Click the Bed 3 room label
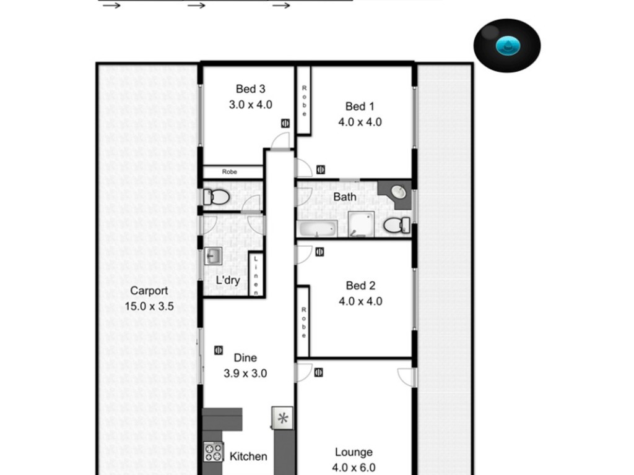(x=250, y=89)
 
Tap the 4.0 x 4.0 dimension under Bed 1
(x=360, y=122)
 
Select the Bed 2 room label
(x=360, y=286)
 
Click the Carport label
(x=149, y=291)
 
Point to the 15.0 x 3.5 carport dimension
(x=149, y=306)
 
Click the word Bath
(x=344, y=197)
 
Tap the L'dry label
(x=228, y=280)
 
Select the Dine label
(x=245, y=358)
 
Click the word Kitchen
(x=248, y=456)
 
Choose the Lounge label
(x=354, y=452)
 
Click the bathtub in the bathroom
(x=318, y=229)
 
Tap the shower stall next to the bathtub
(x=361, y=224)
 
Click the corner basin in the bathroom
(x=398, y=192)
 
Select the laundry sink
(x=213, y=255)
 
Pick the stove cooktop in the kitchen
(x=214, y=452)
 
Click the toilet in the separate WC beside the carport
(x=216, y=197)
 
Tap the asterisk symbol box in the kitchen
(x=282, y=417)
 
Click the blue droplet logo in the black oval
(x=508, y=45)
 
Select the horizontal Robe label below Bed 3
(x=229, y=172)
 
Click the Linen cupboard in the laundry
(x=256, y=275)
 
